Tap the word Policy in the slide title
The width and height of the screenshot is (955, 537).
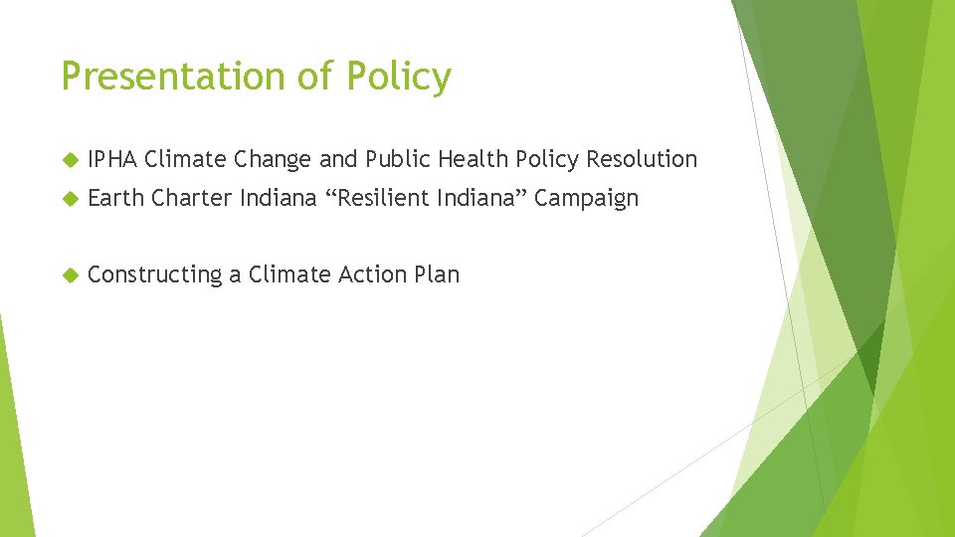click(x=398, y=77)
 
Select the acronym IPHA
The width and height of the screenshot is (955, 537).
click(x=112, y=159)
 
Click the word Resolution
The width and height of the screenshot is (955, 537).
click(x=642, y=159)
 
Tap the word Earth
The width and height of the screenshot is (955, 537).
click(x=116, y=198)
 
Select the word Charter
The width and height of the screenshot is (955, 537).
click(x=192, y=198)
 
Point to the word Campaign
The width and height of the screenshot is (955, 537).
click(x=586, y=198)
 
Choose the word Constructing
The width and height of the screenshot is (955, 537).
click(x=154, y=274)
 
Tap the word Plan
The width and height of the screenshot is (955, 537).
click(x=436, y=274)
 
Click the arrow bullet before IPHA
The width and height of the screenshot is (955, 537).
click(x=69, y=159)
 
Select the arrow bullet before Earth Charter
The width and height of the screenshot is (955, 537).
click(x=69, y=198)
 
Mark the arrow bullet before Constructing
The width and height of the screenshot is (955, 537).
click(x=69, y=274)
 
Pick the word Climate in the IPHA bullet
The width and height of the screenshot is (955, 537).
click(x=186, y=159)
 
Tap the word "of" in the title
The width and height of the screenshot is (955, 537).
click(x=320, y=77)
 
